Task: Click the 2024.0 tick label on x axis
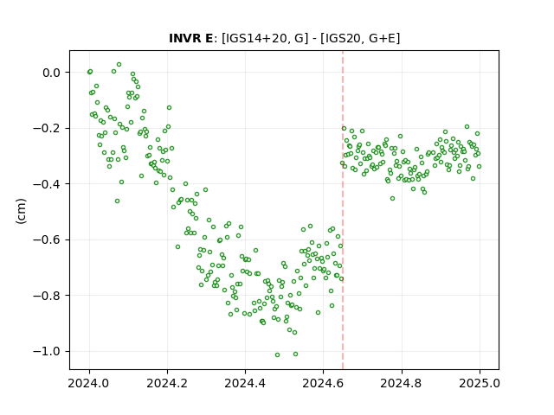coord(89,383)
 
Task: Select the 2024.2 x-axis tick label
coord(167,383)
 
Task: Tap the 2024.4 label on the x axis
coord(245,383)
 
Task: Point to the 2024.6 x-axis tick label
coord(323,383)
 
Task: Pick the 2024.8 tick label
coord(402,383)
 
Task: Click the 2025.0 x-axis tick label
coord(480,383)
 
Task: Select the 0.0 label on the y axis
coord(52,73)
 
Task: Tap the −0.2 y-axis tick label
coord(47,128)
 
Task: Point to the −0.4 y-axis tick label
coord(47,184)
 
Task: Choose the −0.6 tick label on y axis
coord(47,239)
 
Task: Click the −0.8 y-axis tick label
coord(47,296)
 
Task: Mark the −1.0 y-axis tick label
coord(47,351)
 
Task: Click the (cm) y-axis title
coord(21,211)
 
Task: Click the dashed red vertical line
coord(343,210)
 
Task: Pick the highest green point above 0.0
coord(119,65)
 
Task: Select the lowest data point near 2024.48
coord(277,354)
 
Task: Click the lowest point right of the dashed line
coord(392,198)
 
